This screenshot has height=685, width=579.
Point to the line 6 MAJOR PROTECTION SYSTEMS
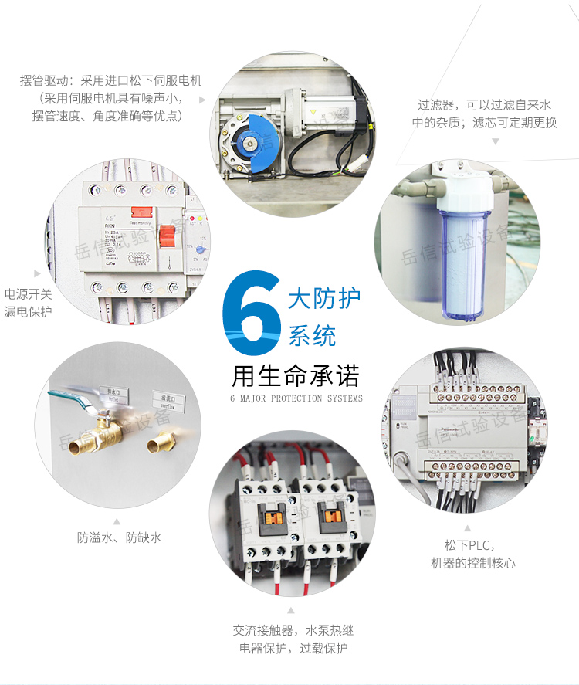[x=296, y=399]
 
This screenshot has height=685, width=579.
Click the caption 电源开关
[x=29, y=294]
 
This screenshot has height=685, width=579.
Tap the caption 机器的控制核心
[x=472, y=563]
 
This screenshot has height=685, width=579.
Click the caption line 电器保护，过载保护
[x=293, y=648]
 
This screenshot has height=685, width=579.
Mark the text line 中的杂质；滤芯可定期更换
[x=484, y=122]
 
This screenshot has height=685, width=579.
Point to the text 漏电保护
[x=29, y=312]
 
